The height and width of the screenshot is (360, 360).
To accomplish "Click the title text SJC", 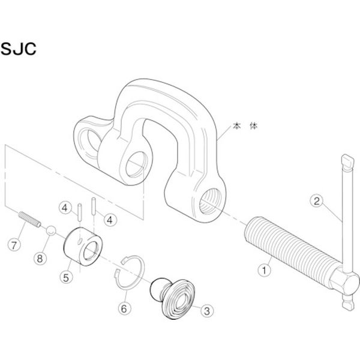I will (20, 49).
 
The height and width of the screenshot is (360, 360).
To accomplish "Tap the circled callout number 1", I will (262, 269).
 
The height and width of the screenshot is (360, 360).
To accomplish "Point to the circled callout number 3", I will (206, 310).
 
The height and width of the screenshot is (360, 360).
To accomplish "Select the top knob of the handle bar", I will (347, 161).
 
